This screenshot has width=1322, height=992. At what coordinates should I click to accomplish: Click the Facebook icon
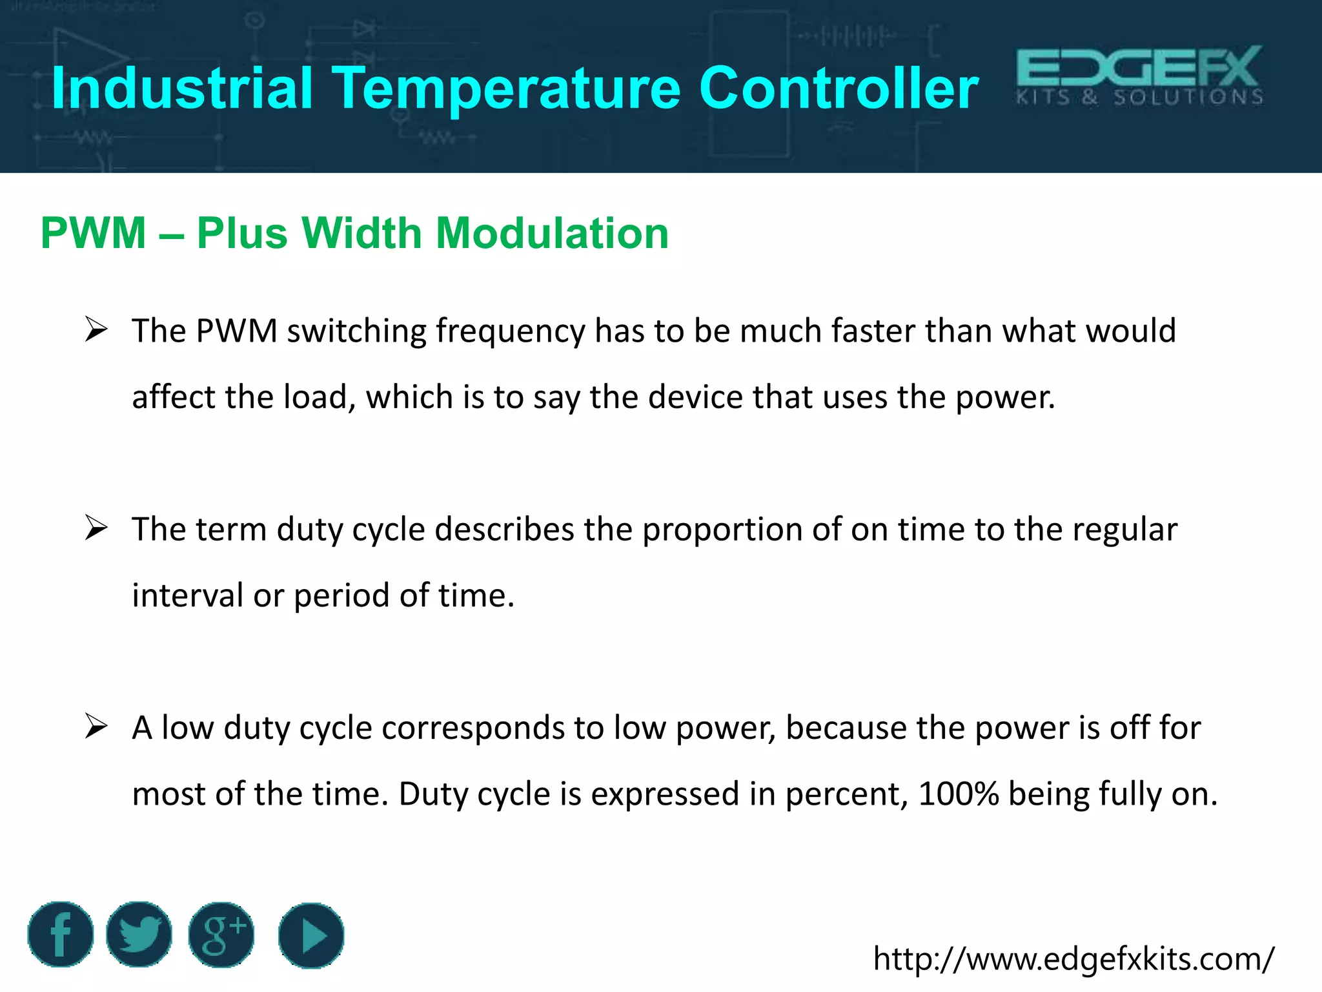click(61, 935)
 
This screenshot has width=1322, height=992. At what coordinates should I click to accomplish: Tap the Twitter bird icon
click(139, 935)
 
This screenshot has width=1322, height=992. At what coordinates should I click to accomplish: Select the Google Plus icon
click(221, 935)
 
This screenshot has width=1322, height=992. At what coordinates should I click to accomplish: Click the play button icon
click(311, 935)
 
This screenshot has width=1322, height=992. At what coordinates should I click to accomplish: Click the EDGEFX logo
click(1139, 76)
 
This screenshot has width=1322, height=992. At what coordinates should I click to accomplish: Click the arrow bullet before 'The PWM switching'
click(96, 331)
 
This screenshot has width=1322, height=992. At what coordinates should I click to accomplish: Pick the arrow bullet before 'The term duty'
click(96, 529)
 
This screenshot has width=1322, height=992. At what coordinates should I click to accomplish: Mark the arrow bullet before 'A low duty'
click(96, 727)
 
